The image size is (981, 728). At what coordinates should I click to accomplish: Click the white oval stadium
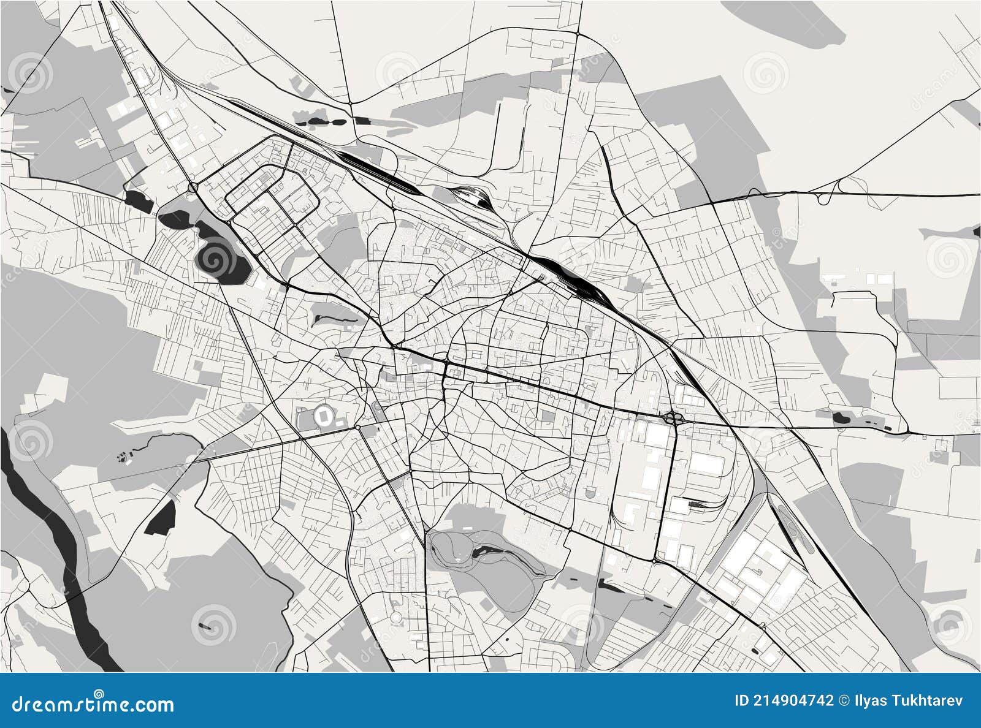pos(323,417)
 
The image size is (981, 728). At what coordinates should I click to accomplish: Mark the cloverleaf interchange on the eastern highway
pos(674,419)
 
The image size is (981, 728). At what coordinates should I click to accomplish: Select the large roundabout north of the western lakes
pos(193,186)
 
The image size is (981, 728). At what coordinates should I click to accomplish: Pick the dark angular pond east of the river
pos(161,515)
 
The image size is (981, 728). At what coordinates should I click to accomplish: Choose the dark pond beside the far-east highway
pos(839,419)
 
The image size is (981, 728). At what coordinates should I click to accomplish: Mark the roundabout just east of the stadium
pos(357,427)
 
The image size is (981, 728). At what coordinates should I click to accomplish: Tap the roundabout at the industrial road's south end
pos(655,560)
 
